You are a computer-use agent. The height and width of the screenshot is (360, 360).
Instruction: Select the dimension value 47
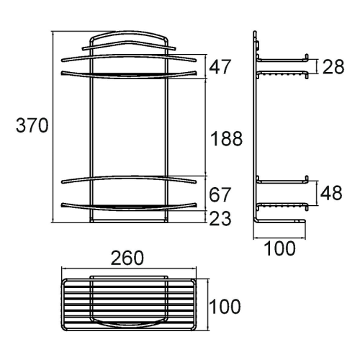[221, 67]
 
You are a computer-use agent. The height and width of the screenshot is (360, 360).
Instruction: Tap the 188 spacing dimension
[226, 138]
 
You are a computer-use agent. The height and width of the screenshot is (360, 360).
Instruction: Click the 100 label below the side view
[280, 249]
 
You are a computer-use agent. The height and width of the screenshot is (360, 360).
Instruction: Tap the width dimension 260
[127, 257]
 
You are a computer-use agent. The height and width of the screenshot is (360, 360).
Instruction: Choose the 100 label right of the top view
[225, 307]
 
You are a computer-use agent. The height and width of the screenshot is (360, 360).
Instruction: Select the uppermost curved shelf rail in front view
[127, 55]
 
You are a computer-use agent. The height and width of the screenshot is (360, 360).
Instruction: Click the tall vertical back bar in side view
[257, 130]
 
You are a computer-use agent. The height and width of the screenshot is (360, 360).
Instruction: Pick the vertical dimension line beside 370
[54, 126]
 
